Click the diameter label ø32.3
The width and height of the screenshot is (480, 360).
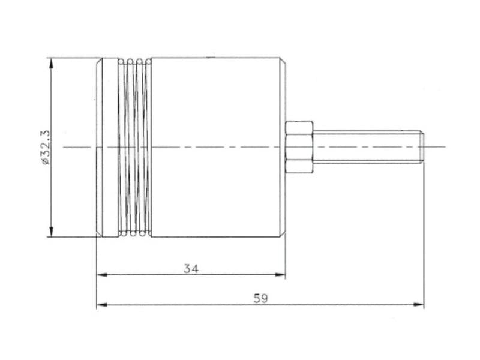pyautogui.click(x=45, y=147)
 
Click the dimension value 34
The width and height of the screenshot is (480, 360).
pyautogui.click(x=191, y=269)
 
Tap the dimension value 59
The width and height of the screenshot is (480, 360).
pyautogui.click(x=260, y=298)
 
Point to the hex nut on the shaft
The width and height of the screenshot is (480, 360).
pyautogui.click(x=299, y=147)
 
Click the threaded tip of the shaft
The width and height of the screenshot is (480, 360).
pyautogui.click(x=421, y=147)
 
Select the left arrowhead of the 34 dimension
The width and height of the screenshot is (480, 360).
pyautogui.click(x=102, y=275)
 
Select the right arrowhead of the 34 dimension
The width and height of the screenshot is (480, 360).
pyautogui.click(x=280, y=275)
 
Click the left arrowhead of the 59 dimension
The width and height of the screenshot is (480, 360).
pyautogui.click(x=102, y=305)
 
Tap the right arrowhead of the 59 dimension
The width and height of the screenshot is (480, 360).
pyautogui.click(x=419, y=305)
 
